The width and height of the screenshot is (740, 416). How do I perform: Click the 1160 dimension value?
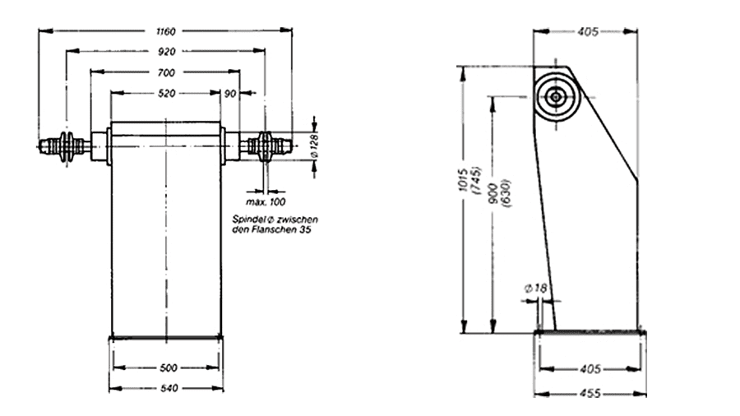pyautogui.click(x=165, y=31)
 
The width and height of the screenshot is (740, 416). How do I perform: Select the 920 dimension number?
pyautogui.click(x=167, y=52)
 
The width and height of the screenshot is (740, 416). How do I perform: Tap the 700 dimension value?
pyautogui.click(x=166, y=72)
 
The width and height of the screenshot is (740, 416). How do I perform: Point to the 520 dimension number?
pyautogui.click(x=167, y=94)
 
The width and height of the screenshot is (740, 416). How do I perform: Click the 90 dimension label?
pyautogui.click(x=230, y=94)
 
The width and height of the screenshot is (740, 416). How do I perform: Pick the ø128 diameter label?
pyautogui.click(x=315, y=146)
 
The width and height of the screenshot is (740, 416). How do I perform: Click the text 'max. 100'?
pyautogui.click(x=266, y=202)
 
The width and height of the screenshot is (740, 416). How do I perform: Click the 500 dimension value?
pyautogui.click(x=169, y=367)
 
